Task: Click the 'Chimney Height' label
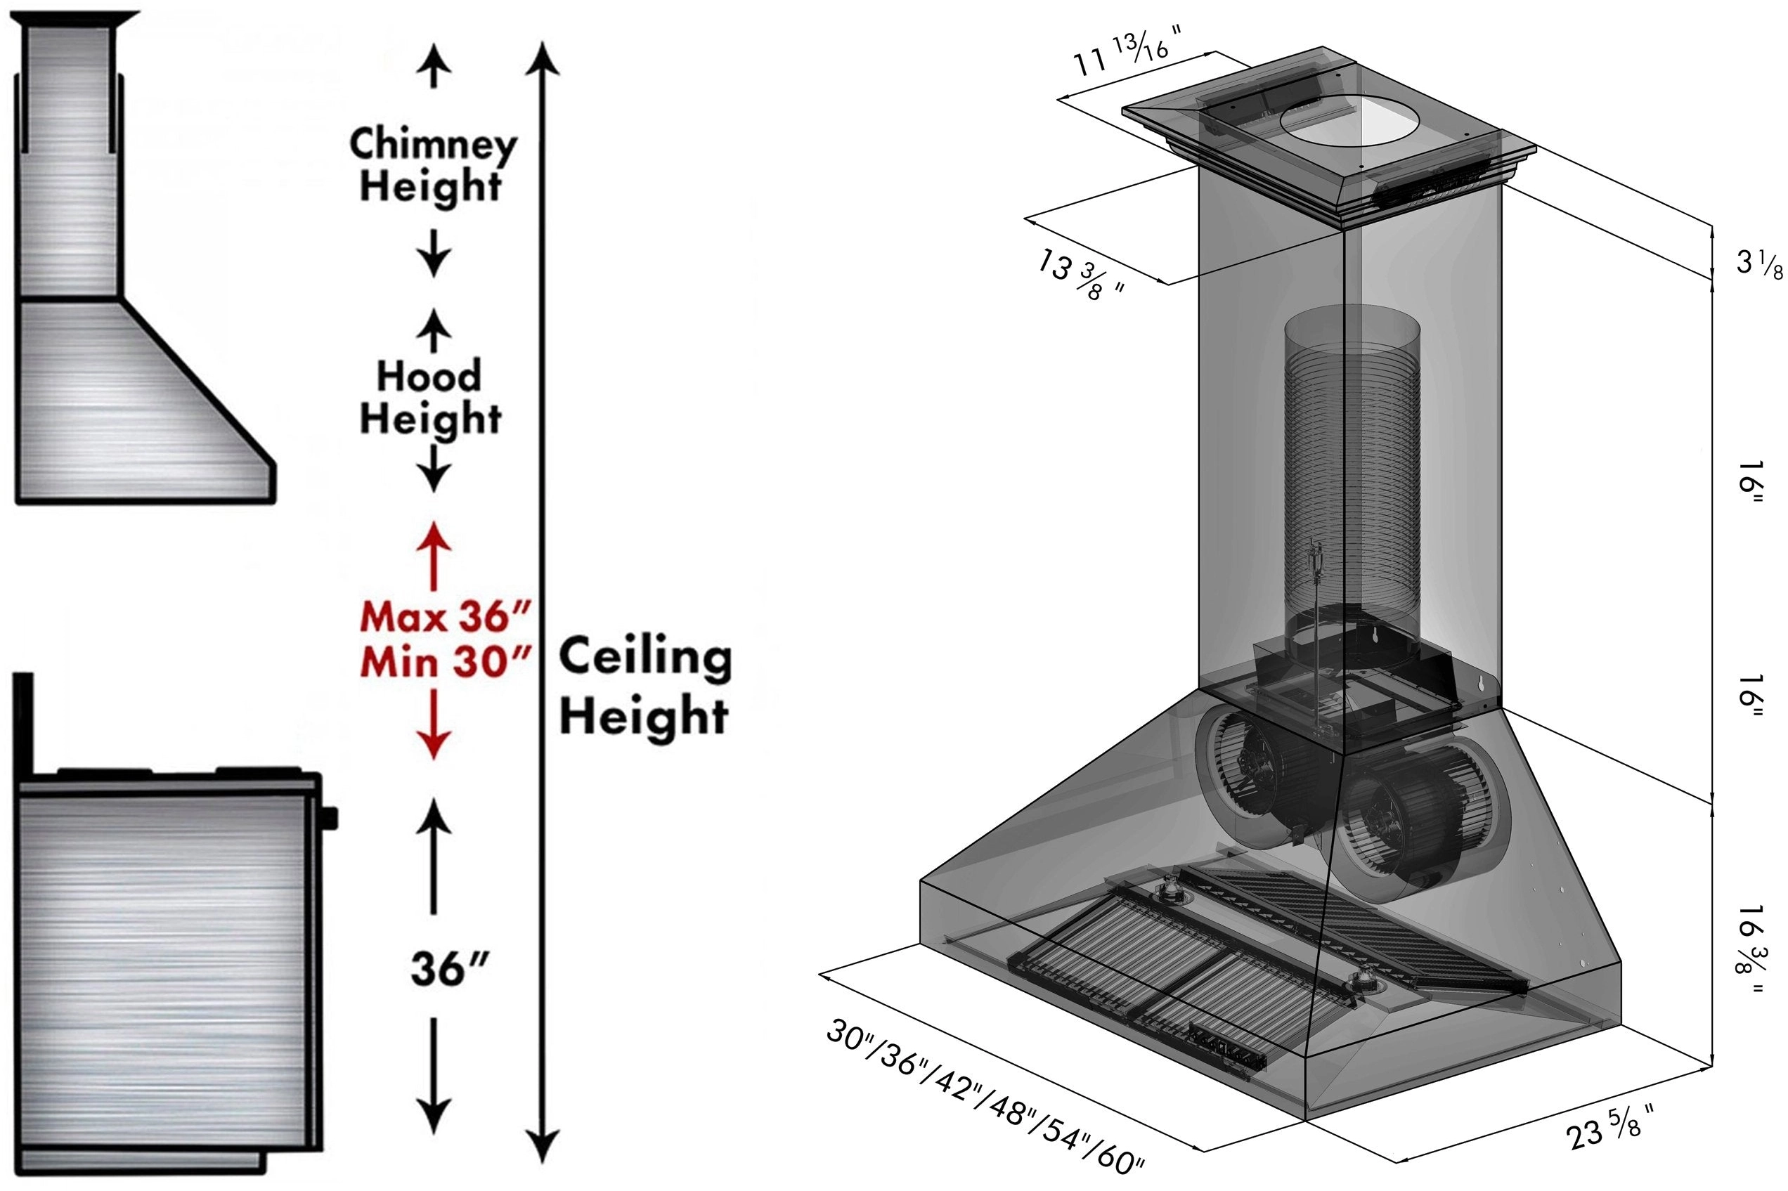point(432,164)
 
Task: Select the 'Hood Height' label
point(430,396)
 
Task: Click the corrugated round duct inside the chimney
point(1352,471)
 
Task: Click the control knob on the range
point(330,819)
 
